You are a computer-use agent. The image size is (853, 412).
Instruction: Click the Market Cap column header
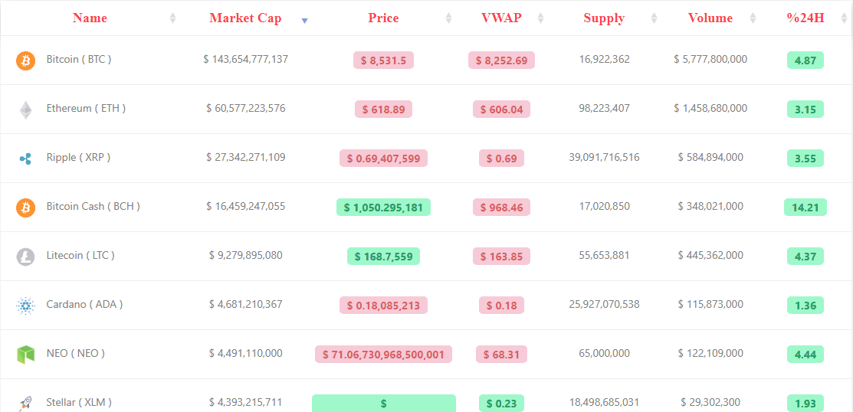[245, 18]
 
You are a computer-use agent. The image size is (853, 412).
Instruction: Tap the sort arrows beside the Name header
[173, 18]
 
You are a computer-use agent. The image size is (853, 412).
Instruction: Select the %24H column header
[805, 18]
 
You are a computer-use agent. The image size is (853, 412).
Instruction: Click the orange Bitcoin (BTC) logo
[25, 60]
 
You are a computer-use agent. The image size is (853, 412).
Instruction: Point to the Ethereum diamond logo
[25, 110]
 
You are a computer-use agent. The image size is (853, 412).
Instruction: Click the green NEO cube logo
[25, 355]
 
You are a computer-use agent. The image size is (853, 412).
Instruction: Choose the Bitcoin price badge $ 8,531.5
[383, 60]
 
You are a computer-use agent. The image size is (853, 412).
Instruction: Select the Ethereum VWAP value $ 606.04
[501, 110]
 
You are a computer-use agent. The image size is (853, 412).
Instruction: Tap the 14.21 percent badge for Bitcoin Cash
[805, 207]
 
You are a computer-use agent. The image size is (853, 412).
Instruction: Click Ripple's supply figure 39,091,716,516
[605, 158]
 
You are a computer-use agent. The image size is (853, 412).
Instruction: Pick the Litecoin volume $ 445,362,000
[710, 256]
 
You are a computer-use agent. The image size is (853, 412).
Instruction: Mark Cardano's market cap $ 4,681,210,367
[246, 304]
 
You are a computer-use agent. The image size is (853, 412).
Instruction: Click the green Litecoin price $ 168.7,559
[383, 256]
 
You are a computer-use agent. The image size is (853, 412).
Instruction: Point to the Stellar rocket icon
[25, 403]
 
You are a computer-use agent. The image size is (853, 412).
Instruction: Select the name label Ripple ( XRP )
[78, 158]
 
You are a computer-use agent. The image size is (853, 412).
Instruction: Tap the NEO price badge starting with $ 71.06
[383, 355]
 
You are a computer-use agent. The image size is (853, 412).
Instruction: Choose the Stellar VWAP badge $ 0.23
[501, 404]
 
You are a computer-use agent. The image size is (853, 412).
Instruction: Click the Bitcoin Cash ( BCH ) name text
[93, 207]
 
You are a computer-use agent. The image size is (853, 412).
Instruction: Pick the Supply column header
[604, 18]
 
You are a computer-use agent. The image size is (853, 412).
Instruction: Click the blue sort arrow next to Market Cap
[305, 21]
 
